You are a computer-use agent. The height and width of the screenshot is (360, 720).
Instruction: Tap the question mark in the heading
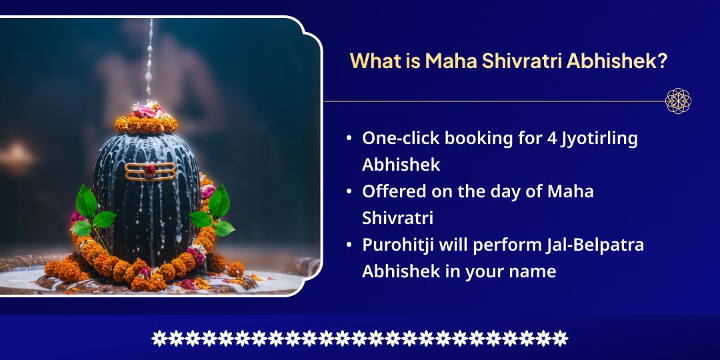point(662,61)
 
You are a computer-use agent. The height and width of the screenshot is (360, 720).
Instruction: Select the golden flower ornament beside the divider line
point(678,101)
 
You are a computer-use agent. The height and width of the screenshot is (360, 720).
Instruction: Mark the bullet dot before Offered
point(349,192)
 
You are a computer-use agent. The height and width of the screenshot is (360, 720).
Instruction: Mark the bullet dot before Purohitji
point(349,245)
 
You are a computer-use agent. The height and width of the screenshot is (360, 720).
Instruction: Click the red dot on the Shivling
point(150,169)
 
